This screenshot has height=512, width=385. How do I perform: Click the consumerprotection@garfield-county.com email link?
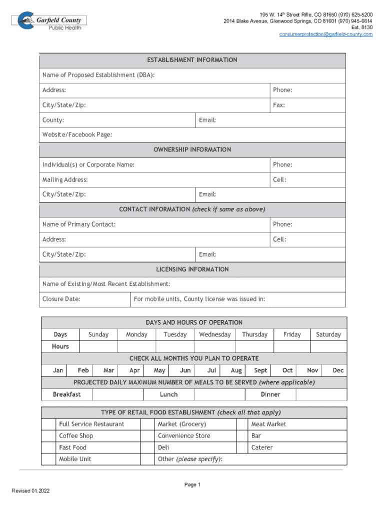coord(326,34)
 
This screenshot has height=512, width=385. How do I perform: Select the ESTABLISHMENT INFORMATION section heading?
coord(192,60)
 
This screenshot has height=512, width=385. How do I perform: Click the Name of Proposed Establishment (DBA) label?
coord(98,75)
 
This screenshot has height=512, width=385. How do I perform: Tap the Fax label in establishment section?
coord(278,105)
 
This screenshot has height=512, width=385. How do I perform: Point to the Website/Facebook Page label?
coord(77,134)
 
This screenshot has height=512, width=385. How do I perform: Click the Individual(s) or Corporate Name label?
coord(88,164)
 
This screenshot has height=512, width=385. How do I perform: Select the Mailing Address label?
coord(65,179)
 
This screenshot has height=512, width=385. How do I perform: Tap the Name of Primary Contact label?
coord(79,224)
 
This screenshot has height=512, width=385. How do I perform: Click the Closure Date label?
coord(61,299)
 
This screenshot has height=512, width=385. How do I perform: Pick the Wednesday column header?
coord(215,334)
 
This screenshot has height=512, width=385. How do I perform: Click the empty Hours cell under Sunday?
coord(98,346)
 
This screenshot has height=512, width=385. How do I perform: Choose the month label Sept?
coord(260,370)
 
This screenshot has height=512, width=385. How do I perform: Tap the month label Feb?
coord(83,370)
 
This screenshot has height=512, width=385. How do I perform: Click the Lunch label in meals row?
coord(168,394)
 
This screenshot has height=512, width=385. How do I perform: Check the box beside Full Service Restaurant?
coord(48,424)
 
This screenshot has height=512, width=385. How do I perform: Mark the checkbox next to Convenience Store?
coord(147,436)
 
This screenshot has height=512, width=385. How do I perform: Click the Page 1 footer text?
coord(192,484)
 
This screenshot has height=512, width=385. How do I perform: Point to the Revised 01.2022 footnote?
coord(30,490)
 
